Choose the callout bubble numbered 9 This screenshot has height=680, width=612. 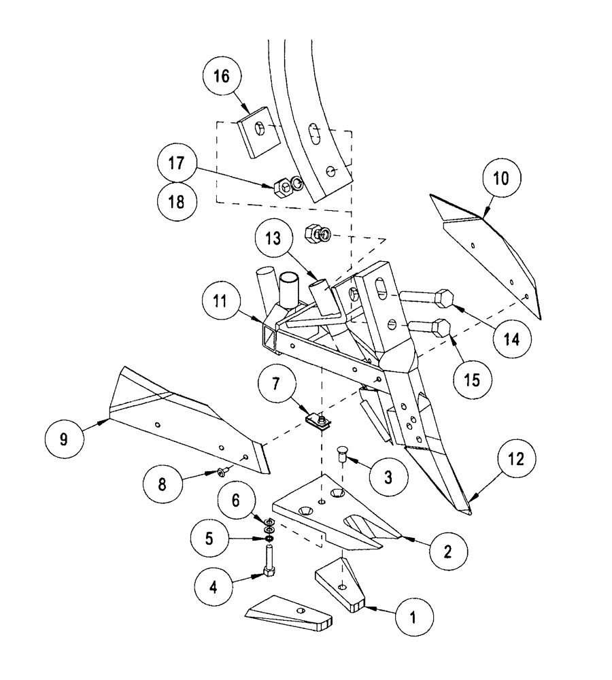(63, 439)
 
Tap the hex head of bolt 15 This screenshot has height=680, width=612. (440, 329)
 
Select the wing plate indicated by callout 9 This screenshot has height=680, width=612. (184, 422)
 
